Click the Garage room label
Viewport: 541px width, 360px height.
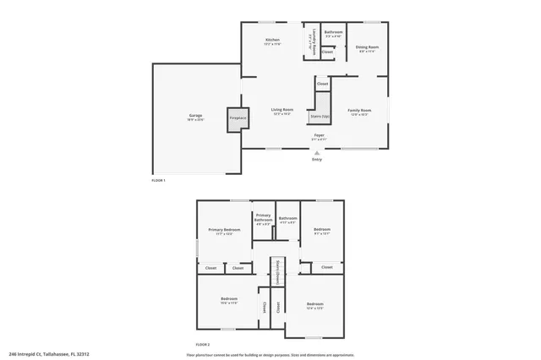pos(195,116)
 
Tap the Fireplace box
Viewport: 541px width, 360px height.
pos(238,118)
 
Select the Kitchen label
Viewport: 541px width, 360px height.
pos(272,40)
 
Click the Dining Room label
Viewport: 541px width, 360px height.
pos(366,47)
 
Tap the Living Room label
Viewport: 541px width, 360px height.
pos(282,110)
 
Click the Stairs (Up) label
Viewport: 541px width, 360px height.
pos(320,116)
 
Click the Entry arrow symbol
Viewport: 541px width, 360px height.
pos(317,152)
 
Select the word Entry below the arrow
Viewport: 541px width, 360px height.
pos(317,159)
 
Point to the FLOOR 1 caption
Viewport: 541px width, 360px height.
pos(158,181)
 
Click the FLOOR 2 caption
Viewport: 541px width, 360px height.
pos(203,345)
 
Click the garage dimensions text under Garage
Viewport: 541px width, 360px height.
pos(195,120)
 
